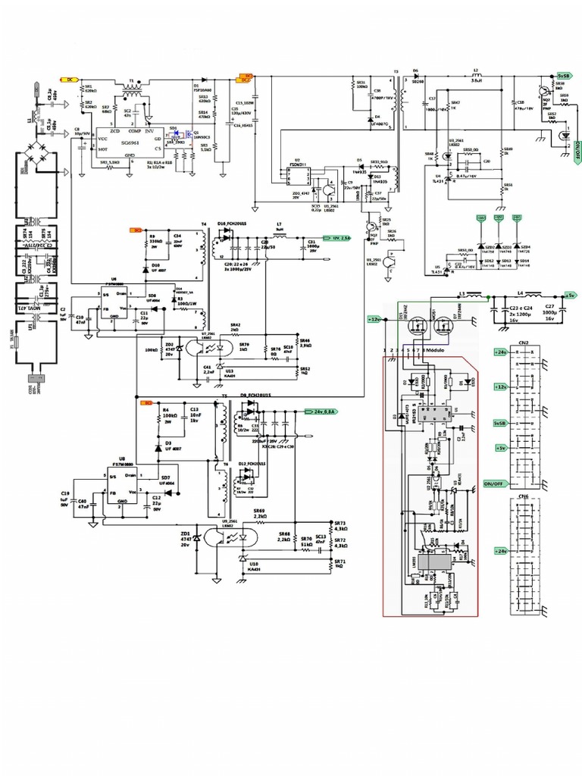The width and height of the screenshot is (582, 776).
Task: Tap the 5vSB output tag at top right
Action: [563, 77]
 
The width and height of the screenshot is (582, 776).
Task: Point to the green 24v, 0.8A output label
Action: [321, 411]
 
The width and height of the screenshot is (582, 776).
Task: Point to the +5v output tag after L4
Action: [570, 295]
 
